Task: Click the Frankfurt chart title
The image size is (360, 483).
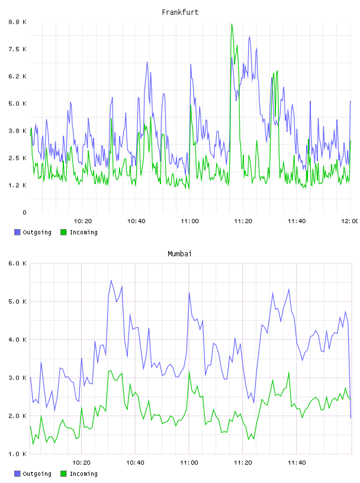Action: (x=180, y=12)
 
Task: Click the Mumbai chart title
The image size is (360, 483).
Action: (x=179, y=254)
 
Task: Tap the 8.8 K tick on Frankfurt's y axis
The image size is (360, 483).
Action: (x=17, y=22)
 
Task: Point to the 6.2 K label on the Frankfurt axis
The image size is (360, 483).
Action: (x=17, y=76)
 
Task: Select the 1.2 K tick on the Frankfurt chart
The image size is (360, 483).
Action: (x=17, y=185)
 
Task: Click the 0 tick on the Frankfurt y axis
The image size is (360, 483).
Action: (x=24, y=212)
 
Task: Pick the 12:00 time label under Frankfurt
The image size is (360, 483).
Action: (x=350, y=221)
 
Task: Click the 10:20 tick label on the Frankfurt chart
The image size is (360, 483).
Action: (x=83, y=221)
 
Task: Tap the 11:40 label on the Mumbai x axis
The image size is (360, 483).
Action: (x=297, y=463)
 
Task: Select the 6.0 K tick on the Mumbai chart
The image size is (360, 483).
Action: (x=17, y=263)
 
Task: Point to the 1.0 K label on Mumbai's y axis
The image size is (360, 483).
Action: (x=17, y=454)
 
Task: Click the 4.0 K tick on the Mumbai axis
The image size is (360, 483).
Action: (x=17, y=340)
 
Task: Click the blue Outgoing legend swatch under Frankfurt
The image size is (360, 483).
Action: (x=17, y=232)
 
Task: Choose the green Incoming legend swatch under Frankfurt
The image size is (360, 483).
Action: (x=63, y=232)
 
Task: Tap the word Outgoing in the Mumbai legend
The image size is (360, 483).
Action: (x=37, y=474)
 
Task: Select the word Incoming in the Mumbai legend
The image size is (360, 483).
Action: (x=83, y=474)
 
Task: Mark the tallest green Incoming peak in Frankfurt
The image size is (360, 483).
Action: (x=232, y=24)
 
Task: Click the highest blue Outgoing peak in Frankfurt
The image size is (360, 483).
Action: (x=249, y=37)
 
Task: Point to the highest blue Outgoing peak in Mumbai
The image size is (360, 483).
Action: (x=111, y=281)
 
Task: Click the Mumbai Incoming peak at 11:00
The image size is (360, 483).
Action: (x=189, y=372)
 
